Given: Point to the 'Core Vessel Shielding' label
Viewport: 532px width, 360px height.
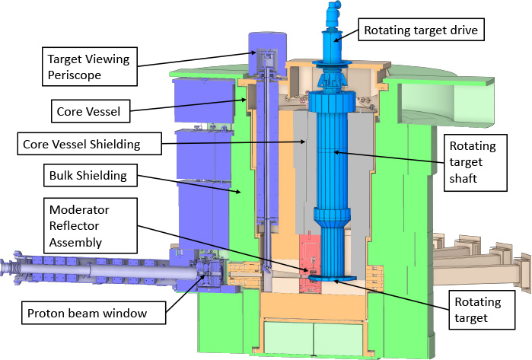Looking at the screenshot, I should coord(91,143).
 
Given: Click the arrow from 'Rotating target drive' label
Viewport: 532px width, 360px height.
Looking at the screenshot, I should coord(347,35).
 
